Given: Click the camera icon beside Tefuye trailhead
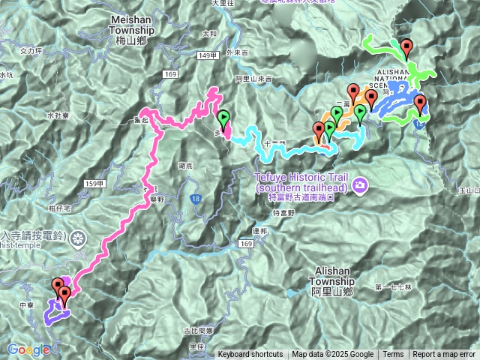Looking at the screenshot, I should click(360, 185).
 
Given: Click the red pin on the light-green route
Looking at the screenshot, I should click(406, 48).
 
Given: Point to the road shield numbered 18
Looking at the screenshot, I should click(195, 197).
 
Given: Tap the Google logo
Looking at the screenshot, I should click(28, 349).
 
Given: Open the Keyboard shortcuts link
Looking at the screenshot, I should click(250, 355).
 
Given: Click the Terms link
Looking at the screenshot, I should click(393, 355).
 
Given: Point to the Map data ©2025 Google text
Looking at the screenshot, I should click(333, 355).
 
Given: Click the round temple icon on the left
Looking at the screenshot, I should click(79, 238).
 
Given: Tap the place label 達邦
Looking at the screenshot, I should click(260, 232).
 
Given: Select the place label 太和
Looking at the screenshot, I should click(209, 34).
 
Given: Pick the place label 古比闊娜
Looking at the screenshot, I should click(198, 330).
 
